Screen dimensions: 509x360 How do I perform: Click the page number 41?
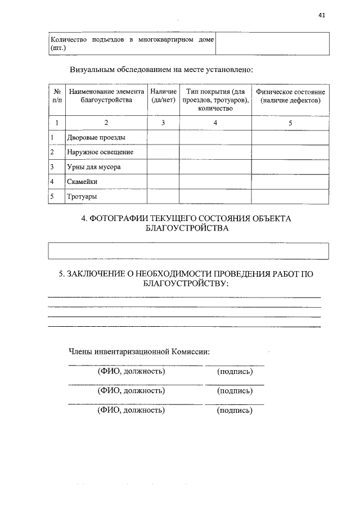322,15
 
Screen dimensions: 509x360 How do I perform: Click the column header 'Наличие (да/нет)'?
164,96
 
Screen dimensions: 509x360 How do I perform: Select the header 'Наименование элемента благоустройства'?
106,96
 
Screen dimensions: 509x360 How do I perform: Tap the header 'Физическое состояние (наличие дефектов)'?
290,96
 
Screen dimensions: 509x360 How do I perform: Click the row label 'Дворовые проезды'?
96,137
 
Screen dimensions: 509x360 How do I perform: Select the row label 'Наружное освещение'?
100,152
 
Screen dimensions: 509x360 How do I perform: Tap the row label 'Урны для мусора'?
94,167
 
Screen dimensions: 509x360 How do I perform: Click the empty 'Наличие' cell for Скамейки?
164,182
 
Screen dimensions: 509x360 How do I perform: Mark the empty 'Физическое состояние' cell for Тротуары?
290,197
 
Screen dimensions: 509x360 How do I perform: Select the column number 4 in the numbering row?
215,123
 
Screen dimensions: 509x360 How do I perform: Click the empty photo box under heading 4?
188,250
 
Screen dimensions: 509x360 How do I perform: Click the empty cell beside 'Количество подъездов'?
272,44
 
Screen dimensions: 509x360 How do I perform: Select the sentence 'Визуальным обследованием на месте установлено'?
161,70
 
